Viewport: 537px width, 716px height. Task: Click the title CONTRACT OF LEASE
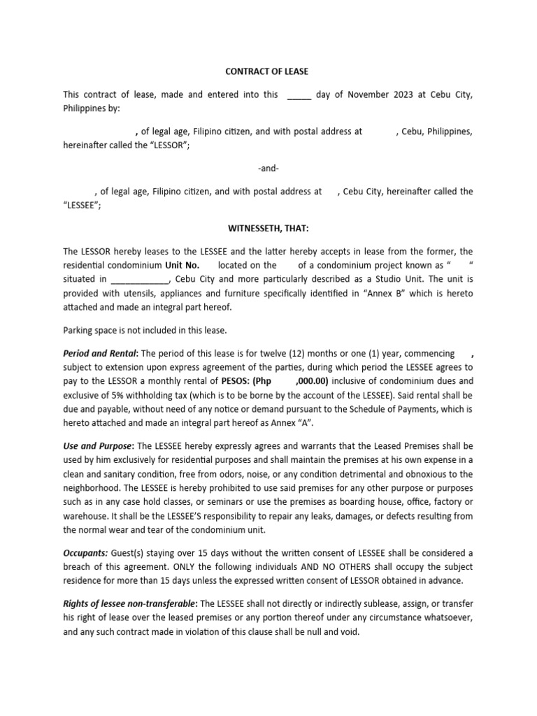pos(266,71)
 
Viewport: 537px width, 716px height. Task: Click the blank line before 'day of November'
pos(299,95)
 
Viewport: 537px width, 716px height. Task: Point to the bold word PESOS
pos(234,381)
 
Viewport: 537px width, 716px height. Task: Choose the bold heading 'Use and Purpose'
pos(98,445)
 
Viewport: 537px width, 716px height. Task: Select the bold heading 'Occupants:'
pos(85,552)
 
